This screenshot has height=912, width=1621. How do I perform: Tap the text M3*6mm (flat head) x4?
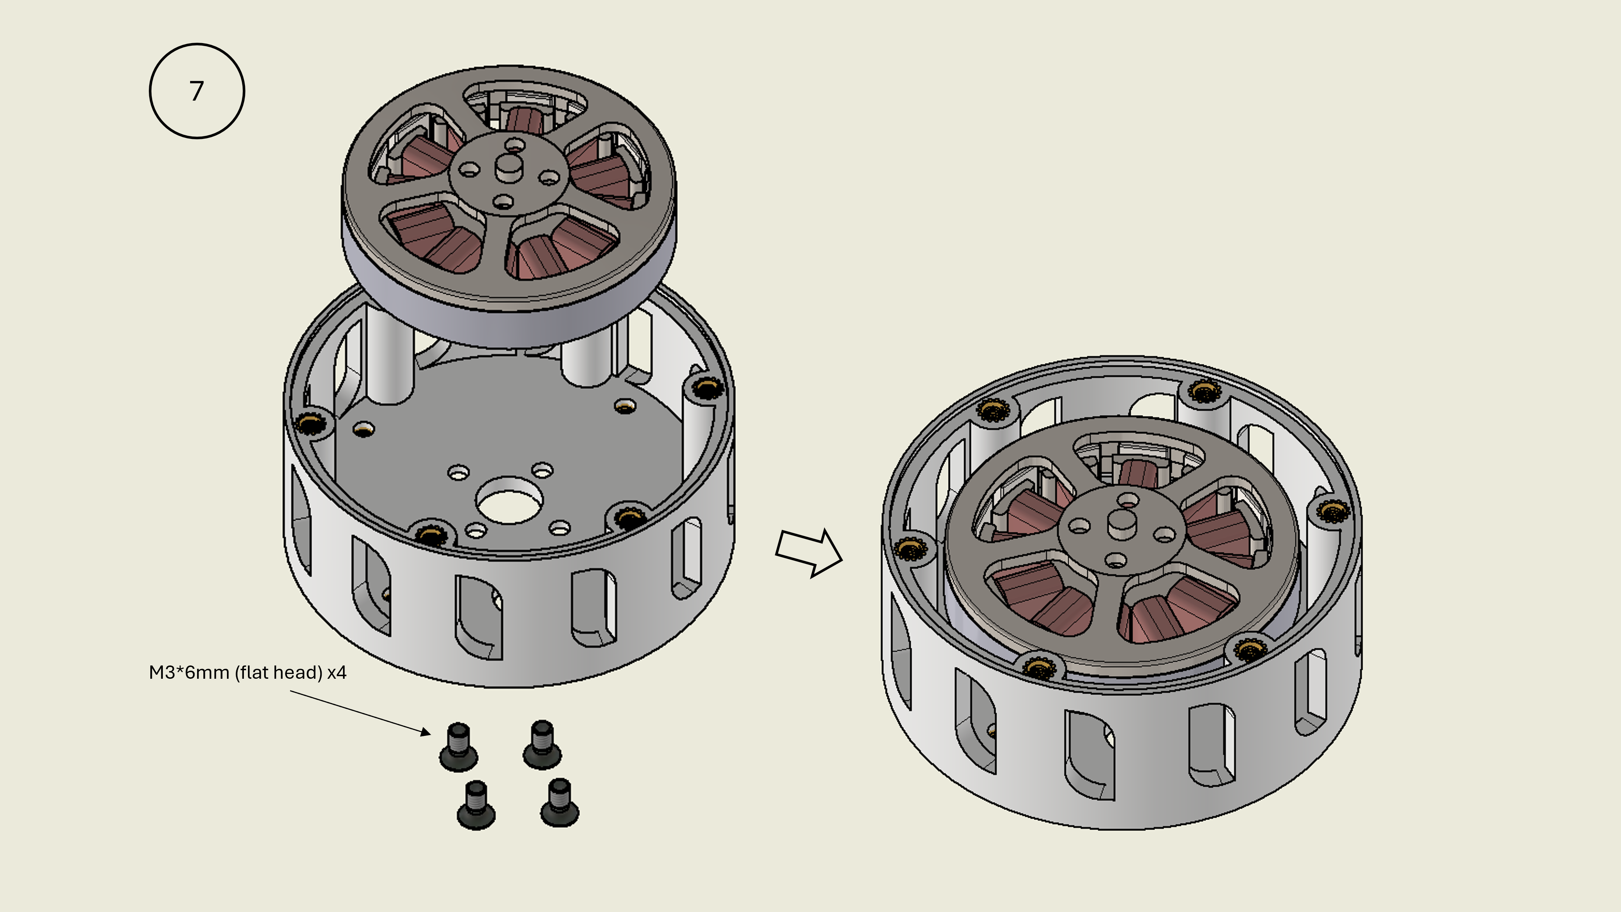click(247, 673)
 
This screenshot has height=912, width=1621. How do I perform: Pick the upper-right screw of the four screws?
click(542, 745)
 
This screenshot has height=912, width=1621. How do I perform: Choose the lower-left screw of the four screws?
click(476, 805)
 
